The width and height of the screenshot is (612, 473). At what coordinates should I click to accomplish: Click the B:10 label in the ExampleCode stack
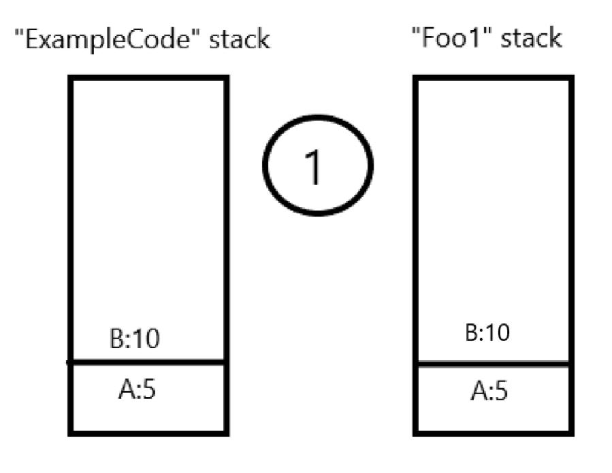[135, 338]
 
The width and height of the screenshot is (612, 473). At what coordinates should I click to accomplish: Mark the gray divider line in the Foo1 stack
[493, 365]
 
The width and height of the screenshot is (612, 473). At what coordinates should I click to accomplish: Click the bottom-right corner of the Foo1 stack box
[570, 432]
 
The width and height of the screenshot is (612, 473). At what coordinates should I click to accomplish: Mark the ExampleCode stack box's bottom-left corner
[71, 432]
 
